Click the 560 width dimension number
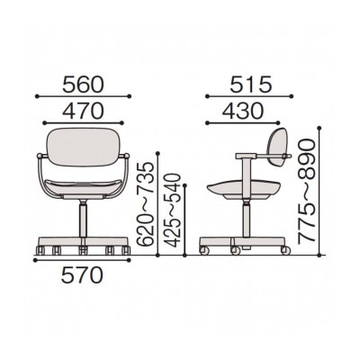(x=83, y=85)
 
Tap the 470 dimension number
(x=83, y=111)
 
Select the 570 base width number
(x=82, y=276)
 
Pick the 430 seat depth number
(x=242, y=111)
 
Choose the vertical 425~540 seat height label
(x=174, y=211)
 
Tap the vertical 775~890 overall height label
(x=306, y=191)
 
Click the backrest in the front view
(x=83, y=147)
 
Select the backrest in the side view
(x=277, y=147)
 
